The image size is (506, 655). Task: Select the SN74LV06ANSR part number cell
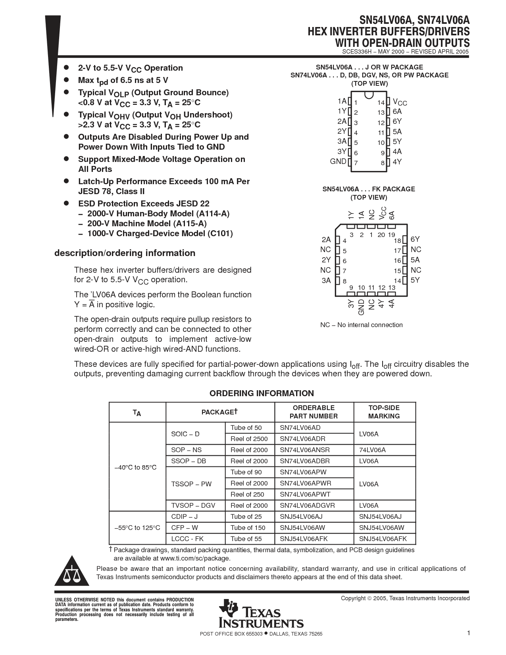click(305, 450)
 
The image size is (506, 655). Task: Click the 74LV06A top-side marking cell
click(372, 450)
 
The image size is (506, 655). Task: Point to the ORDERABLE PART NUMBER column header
click(314, 412)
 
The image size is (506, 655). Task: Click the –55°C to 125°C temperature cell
click(137, 528)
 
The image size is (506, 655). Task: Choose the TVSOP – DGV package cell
click(193, 505)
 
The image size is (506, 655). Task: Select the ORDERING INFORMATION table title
click(262, 393)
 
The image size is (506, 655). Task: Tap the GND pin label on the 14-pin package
click(338, 162)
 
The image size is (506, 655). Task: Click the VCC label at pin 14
click(400, 102)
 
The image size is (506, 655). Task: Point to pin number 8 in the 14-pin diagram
click(383, 163)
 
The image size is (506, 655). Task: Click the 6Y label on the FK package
click(415, 239)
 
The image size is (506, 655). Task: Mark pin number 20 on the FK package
click(381, 235)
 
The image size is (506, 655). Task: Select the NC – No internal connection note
click(361, 325)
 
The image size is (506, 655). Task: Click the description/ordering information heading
click(125, 253)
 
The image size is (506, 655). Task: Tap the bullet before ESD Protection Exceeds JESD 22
click(67, 203)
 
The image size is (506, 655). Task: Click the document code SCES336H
click(356, 52)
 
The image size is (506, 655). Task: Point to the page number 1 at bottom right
click(468, 633)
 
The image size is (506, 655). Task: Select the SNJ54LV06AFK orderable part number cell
click(304, 539)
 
